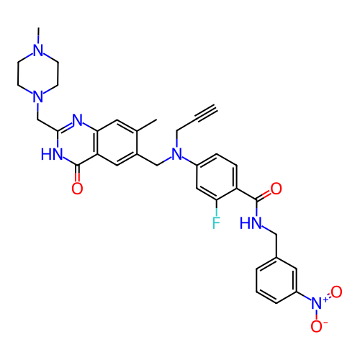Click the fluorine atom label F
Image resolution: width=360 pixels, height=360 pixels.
pyautogui.click(x=216, y=222)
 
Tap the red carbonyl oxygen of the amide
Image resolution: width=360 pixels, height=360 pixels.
pyautogui.click(x=276, y=189)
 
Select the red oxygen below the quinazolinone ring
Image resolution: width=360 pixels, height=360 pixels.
pyautogui.click(x=77, y=188)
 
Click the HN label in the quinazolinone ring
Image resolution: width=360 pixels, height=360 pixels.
pyautogui.click(x=52, y=154)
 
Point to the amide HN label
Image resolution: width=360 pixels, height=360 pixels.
pyautogui.click(x=251, y=222)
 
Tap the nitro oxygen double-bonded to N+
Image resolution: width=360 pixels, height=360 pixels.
pyautogui.click(x=336, y=292)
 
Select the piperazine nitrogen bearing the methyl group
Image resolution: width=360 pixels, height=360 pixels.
pyautogui.click(x=38, y=50)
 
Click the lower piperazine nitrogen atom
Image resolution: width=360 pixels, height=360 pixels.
pyautogui.click(x=38, y=96)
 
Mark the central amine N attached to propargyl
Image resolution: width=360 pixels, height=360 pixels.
pyautogui.click(x=177, y=154)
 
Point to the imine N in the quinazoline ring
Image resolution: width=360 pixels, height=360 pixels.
pyautogui.click(x=77, y=120)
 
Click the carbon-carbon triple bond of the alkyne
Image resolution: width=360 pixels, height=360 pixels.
pyautogui.click(x=207, y=113)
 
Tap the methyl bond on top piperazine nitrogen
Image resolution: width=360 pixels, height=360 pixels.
pyautogui.click(x=38, y=35)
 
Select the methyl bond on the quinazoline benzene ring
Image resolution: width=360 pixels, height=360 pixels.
pyautogui.click(x=147, y=125)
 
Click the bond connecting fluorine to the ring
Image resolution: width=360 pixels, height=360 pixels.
pyautogui.click(x=217, y=207)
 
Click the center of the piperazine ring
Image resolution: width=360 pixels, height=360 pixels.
pyautogui.click(x=38, y=73)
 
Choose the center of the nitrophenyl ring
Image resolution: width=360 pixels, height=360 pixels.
pyautogui.click(x=276, y=281)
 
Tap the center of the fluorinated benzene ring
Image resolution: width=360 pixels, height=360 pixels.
pyautogui.click(x=217, y=177)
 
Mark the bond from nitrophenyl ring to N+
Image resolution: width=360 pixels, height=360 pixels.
pyautogui.click(x=305, y=296)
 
